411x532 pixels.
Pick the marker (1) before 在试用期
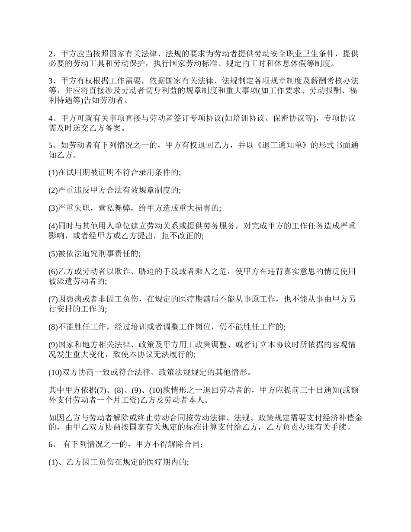[53, 172]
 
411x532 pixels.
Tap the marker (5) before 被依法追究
[53, 253]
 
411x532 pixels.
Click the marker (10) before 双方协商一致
[55, 372]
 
